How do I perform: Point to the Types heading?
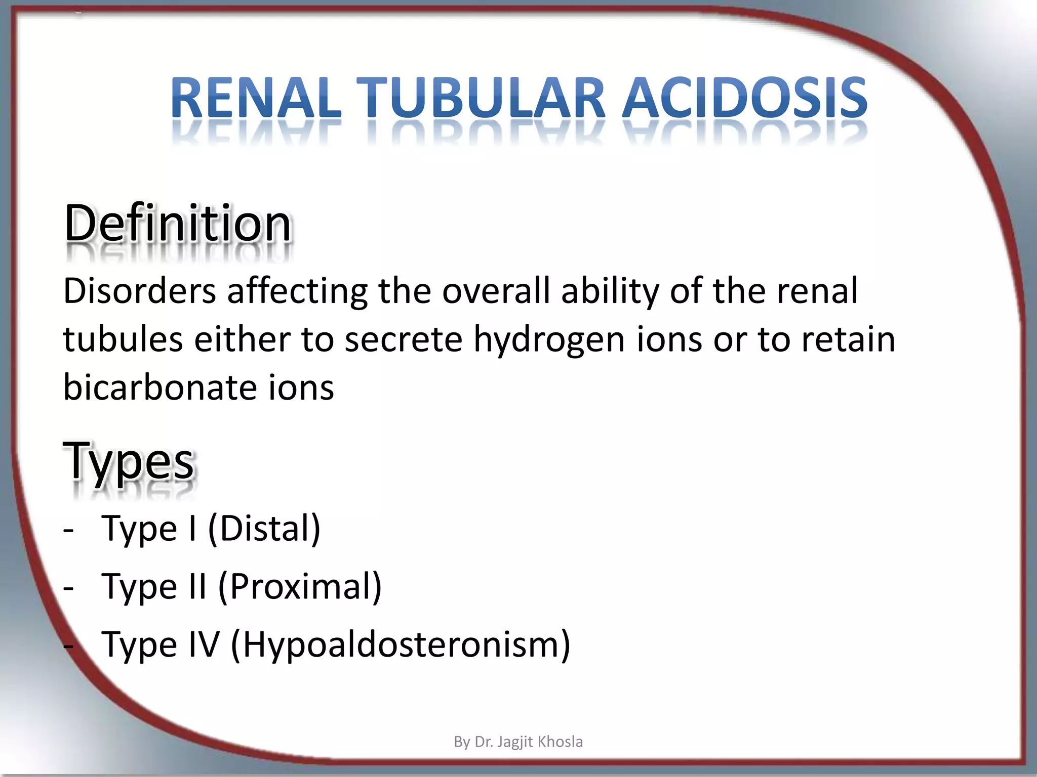(x=129, y=460)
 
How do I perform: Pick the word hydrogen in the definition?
(x=549, y=340)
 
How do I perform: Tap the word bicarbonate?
(x=160, y=387)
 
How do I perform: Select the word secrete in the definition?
(x=404, y=339)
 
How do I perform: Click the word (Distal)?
(x=264, y=529)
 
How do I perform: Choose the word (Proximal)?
(x=300, y=587)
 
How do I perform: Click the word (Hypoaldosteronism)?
(x=401, y=645)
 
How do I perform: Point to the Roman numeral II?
(x=197, y=587)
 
